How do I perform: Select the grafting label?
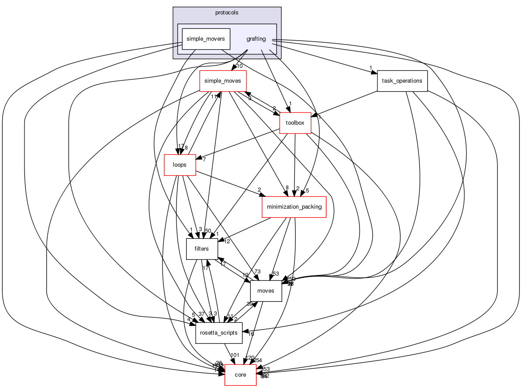256,39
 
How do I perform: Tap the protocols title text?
227,13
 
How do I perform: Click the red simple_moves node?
223,81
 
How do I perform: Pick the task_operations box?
402,81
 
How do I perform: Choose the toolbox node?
295,122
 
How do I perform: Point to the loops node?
180,165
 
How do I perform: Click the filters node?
201,249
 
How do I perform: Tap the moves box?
266,291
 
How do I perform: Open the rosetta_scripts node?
219,333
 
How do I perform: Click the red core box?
240,375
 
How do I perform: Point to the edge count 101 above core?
235,355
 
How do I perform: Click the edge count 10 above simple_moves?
239,66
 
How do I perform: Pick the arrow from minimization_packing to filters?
245,228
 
